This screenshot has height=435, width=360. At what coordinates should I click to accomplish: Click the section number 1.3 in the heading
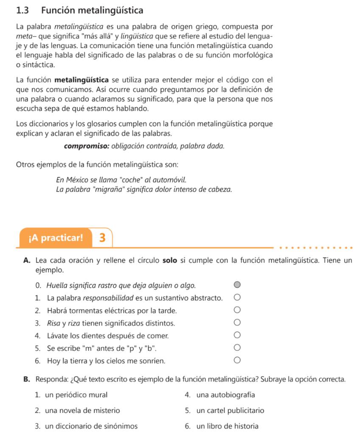[x=25, y=10]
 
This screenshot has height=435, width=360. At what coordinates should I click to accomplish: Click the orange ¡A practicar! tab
[x=56, y=237]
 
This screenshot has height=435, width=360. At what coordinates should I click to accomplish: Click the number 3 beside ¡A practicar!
[x=102, y=237]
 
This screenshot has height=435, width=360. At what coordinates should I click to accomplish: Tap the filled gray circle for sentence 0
[x=237, y=285]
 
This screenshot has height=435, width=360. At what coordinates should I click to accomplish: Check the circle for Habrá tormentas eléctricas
[x=237, y=311]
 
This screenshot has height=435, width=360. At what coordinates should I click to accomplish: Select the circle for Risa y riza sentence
[x=237, y=323]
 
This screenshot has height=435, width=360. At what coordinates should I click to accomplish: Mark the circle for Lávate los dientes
[x=237, y=336]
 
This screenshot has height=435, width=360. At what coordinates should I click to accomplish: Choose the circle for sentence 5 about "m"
[x=237, y=348]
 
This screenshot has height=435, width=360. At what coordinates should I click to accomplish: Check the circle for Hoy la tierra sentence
[x=237, y=361]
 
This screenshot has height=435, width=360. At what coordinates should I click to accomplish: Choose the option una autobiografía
[x=226, y=395]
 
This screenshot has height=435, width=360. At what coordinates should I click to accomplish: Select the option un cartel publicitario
[x=231, y=410]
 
